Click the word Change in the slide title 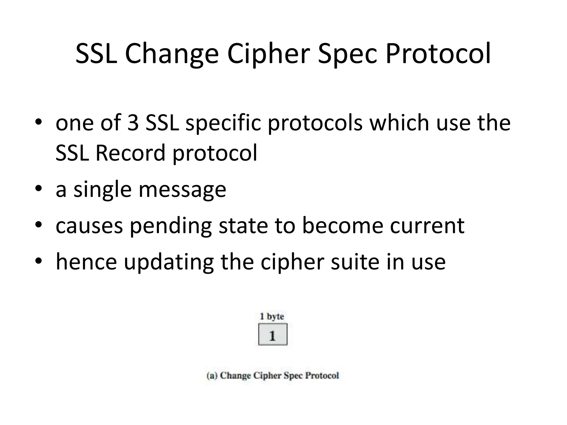172,54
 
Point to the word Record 130,153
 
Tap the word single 102,190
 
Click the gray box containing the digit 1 273,335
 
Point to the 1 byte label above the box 272,316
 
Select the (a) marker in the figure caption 212,375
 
